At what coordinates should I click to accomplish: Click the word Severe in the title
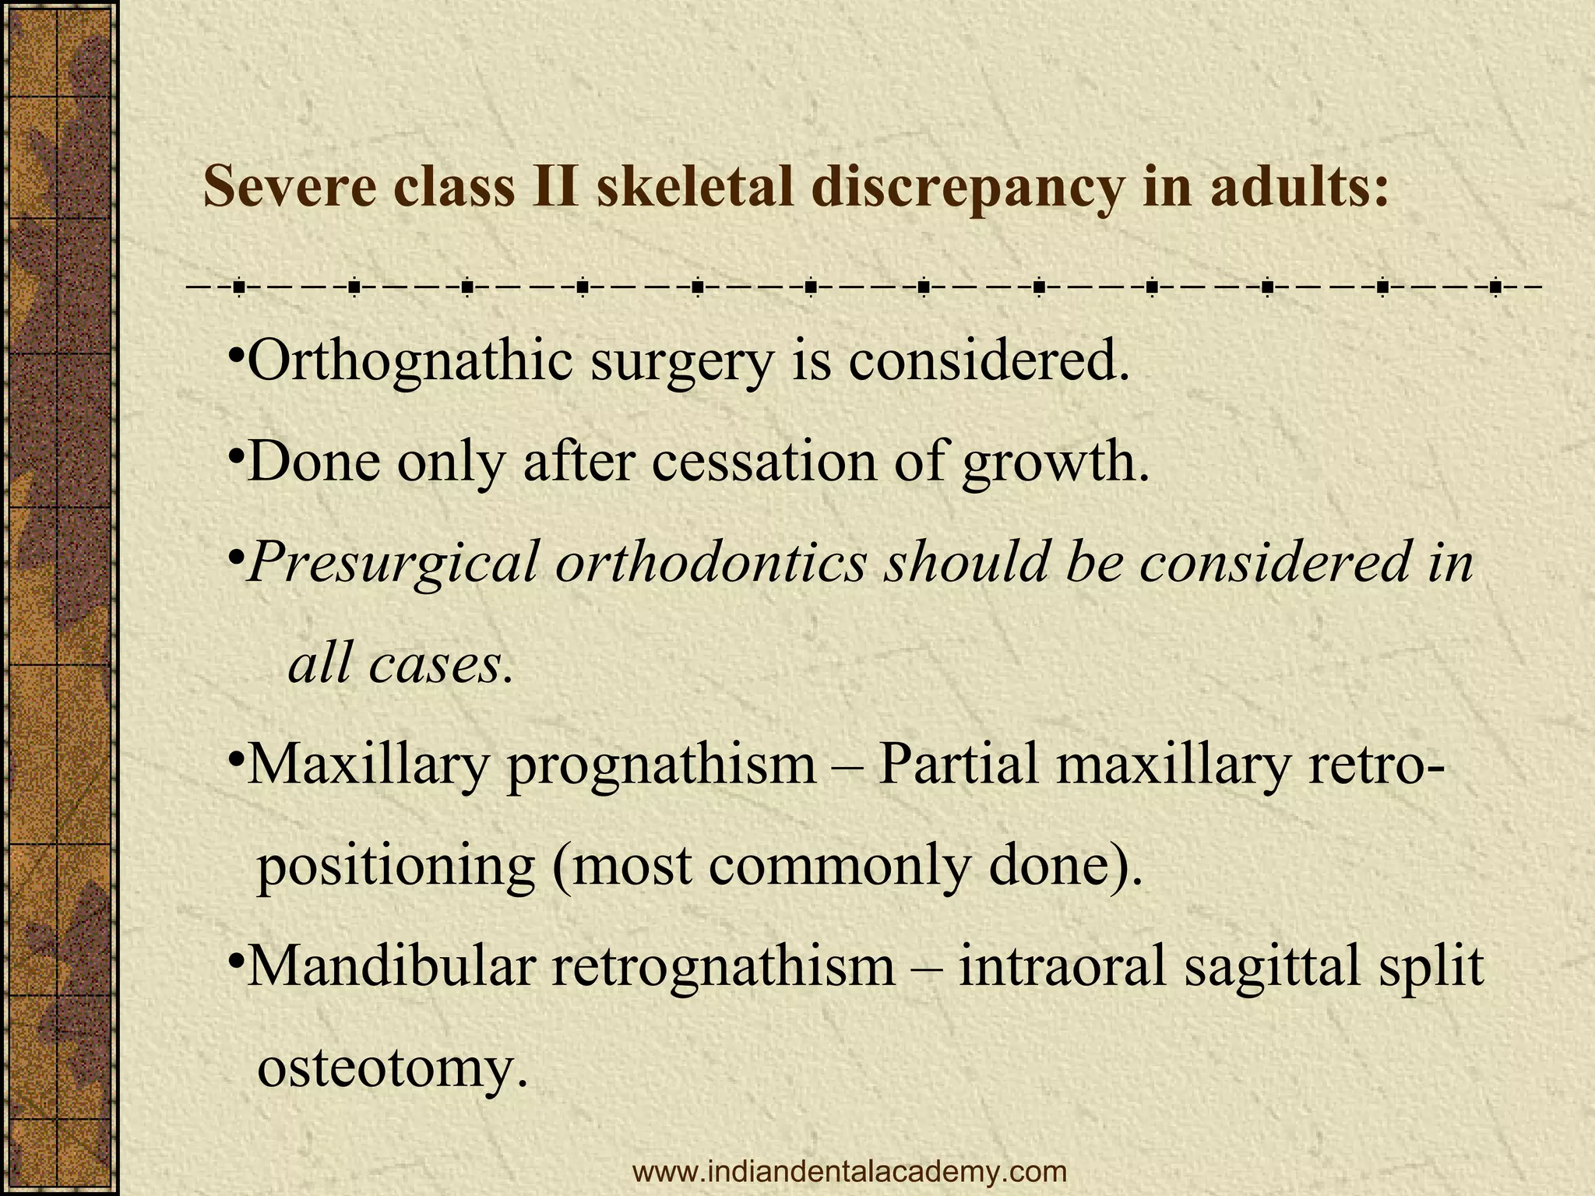pos(289,188)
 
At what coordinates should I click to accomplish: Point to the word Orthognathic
pos(410,363)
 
